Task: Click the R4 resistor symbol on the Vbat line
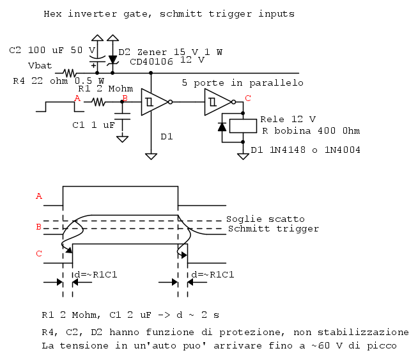pyautogui.click(x=70, y=73)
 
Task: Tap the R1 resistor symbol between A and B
pyautogui.click(x=98, y=102)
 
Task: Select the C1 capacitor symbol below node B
pyautogui.click(x=122, y=116)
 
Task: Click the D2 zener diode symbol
pyautogui.click(x=112, y=61)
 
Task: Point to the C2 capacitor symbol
pyautogui.click(x=97, y=59)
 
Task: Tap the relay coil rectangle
pyautogui.click(x=243, y=126)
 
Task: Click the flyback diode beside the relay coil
pyautogui.click(x=222, y=127)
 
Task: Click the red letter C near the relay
pyautogui.click(x=248, y=98)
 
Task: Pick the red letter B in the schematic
pyautogui.click(x=125, y=98)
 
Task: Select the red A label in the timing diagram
pyautogui.click(x=39, y=196)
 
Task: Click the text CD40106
pyautogui.click(x=151, y=62)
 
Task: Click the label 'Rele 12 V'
pyautogui.click(x=288, y=119)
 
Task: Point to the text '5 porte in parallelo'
pyautogui.click(x=243, y=83)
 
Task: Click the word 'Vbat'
pyautogui.click(x=40, y=66)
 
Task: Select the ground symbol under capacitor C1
pyautogui.click(x=122, y=139)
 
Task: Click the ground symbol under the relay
pyautogui.click(x=243, y=156)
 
